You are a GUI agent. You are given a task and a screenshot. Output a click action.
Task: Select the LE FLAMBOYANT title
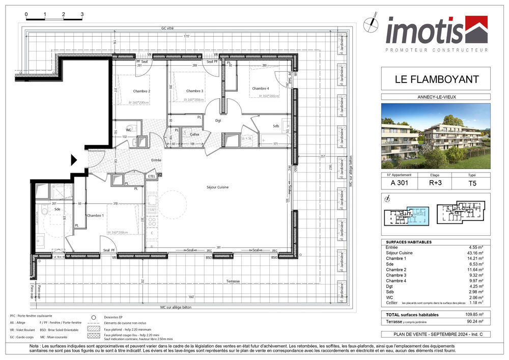click(x=436, y=79)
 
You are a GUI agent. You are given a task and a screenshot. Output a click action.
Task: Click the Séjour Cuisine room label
click(x=217, y=187)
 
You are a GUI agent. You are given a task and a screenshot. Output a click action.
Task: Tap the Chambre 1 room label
click(x=96, y=215)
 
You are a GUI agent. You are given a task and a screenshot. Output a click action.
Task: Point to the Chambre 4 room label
click(x=261, y=89)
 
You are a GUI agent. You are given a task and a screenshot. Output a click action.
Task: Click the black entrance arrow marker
click(x=73, y=160)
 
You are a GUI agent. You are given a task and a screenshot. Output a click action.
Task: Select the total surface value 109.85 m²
click(x=467, y=315)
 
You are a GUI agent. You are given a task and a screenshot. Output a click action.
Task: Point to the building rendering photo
click(x=436, y=136)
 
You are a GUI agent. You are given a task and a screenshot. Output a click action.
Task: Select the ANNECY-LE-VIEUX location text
click(x=436, y=97)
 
